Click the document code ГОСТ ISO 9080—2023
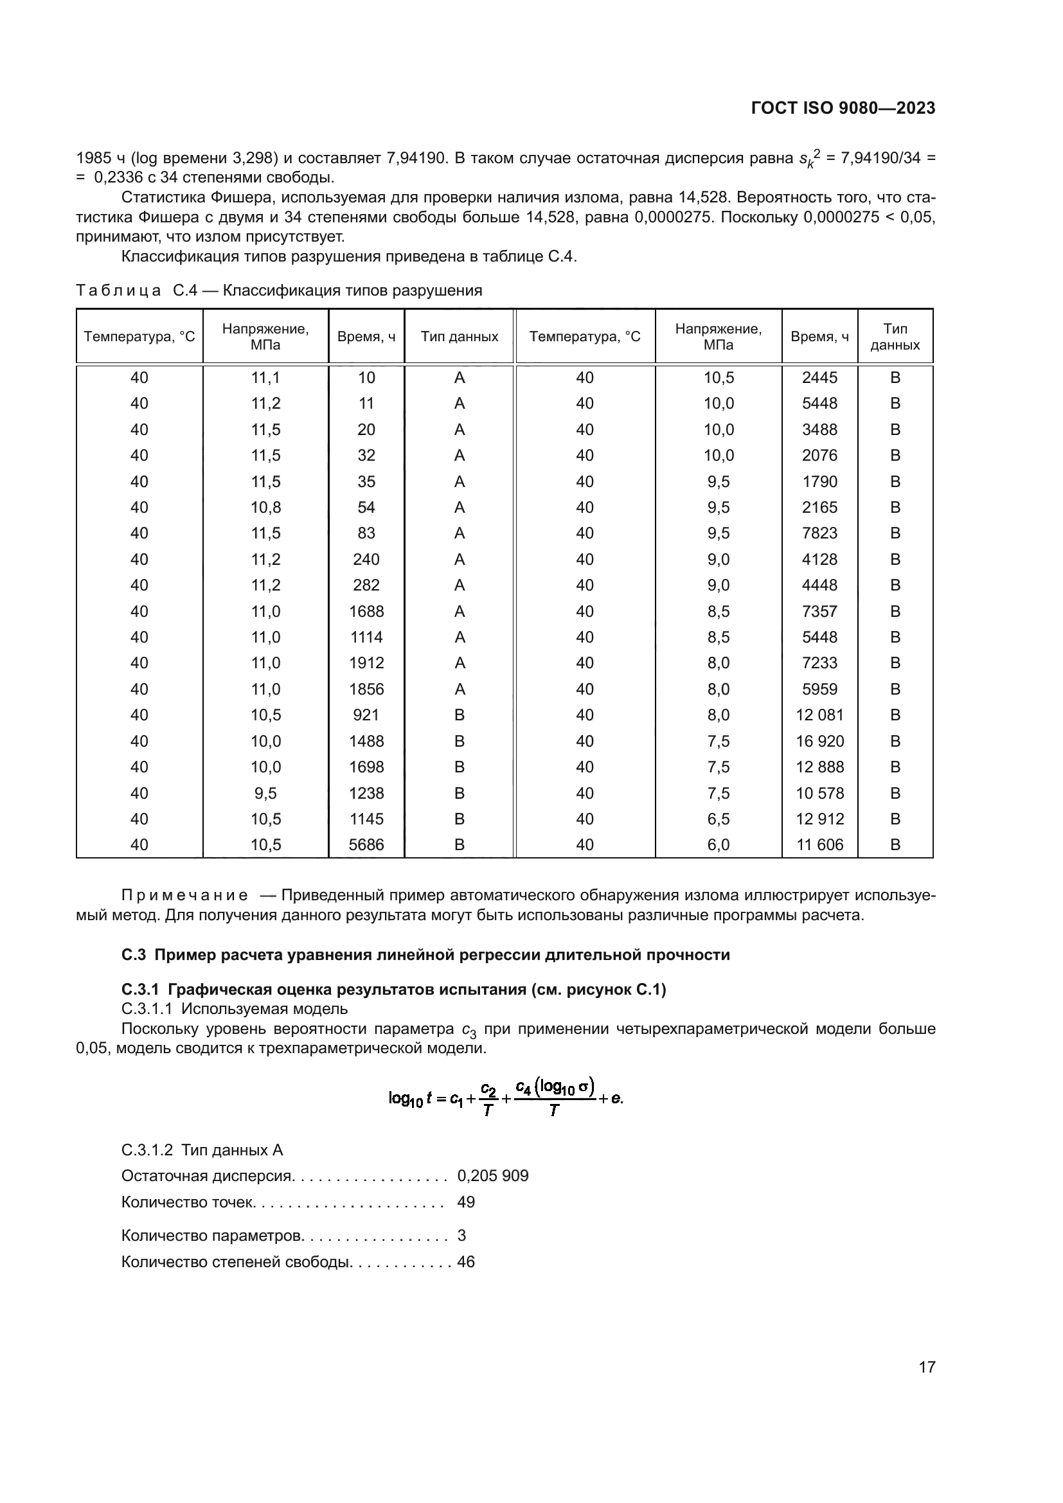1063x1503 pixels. point(843,109)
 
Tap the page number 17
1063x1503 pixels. point(927,1367)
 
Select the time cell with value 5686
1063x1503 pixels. point(366,845)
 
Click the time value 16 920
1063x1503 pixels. point(819,741)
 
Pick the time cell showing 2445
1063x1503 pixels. point(819,378)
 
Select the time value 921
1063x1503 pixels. point(366,715)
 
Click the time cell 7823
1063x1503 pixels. point(819,533)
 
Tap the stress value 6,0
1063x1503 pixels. point(718,845)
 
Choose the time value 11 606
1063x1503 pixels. point(819,845)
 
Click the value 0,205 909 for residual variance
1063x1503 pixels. point(492,1177)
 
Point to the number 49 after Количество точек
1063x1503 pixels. point(465,1202)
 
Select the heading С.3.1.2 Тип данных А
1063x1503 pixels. point(202,1150)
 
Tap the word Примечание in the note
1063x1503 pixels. point(184,896)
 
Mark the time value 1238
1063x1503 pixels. point(366,794)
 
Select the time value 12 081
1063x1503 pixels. point(819,715)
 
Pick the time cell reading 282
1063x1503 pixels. point(366,585)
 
